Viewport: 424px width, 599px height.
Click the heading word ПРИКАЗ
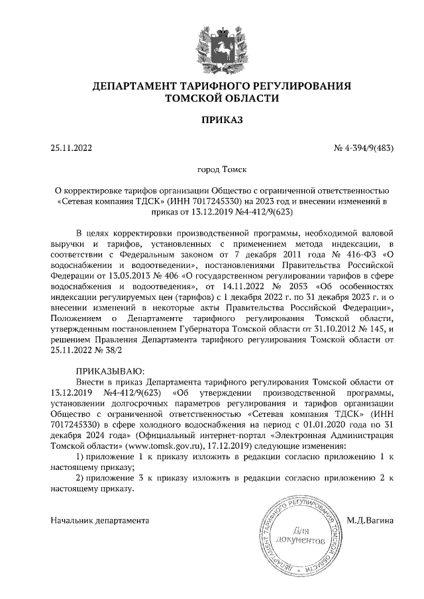tap(212, 120)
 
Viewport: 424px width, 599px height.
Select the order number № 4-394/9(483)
tap(363, 148)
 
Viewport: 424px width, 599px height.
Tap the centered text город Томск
tap(213, 170)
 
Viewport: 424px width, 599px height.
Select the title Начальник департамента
tap(99, 520)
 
